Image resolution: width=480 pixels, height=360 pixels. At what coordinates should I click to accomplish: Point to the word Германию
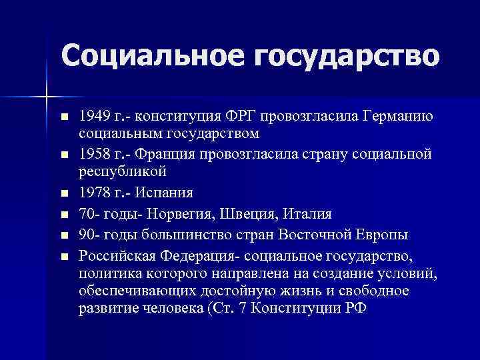point(398,117)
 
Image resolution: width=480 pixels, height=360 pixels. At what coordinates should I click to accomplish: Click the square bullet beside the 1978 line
point(64,195)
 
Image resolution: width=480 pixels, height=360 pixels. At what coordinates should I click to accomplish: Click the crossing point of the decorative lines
point(46,97)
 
